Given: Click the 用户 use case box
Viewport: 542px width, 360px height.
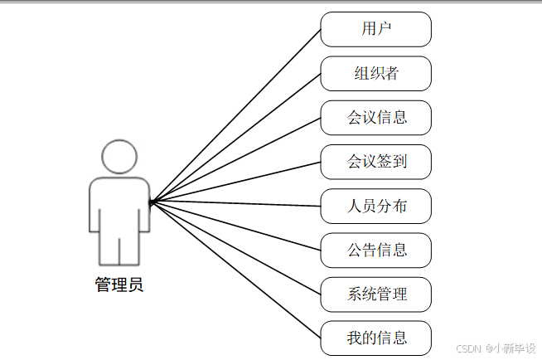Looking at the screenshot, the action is click(375, 29).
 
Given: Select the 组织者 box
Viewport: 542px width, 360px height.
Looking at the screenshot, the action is click(375, 73).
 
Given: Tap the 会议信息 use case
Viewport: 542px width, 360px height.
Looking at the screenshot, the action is click(375, 117).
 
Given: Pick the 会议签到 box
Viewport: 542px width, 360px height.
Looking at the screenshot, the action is click(375, 161).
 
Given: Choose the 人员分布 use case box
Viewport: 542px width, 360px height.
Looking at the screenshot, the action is click(375, 206).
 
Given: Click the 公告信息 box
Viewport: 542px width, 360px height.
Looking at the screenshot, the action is click(375, 250).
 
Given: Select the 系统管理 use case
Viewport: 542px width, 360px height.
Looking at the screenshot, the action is click(375, 294).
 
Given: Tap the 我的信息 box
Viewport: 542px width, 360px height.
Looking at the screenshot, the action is click(375, 338).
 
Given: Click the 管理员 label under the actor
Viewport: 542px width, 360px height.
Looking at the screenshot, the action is click(119, 285).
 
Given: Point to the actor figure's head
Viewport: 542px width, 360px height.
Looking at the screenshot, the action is click(119, 157).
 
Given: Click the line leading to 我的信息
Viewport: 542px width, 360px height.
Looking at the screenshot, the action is click(235, 270).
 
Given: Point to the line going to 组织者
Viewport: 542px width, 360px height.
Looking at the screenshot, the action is click(235, 138).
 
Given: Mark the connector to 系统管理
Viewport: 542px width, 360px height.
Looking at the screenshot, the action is click(235, 247).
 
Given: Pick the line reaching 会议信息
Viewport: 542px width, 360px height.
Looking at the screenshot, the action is click(235, 159).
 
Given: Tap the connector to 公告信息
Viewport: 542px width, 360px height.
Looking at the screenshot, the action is click(235, 226).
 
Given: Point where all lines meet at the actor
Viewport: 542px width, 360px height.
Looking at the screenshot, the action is click(151, 202).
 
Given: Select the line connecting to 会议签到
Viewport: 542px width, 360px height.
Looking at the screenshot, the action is click(235, 182).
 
